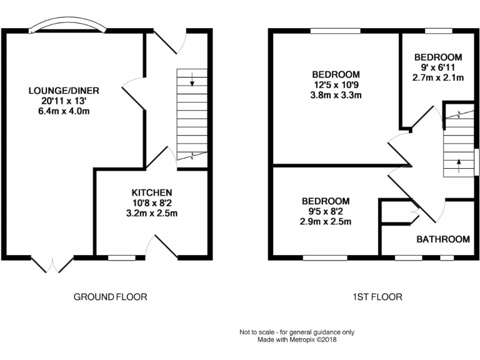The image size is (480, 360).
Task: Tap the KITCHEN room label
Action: (x=151, y=192)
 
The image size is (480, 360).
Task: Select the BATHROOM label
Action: (x=443, y=239)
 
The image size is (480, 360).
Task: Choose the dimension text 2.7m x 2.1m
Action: (x=438, y=77)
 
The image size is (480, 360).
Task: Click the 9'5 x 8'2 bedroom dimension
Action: (x=326, y=212)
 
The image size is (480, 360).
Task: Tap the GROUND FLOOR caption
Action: (x=111, y=297)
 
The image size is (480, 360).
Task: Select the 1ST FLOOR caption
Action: (x=377, y=297)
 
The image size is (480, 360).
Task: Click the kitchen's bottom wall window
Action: (x=121, y=256)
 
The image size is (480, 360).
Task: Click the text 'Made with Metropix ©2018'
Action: (x=297, y=340)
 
